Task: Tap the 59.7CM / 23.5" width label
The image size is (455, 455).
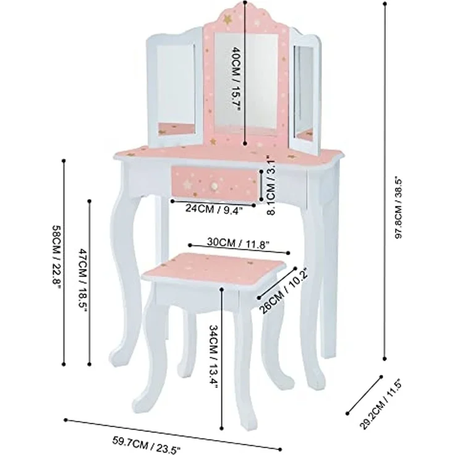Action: tap(147, 444)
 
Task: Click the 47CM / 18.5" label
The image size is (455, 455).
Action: tap(82, 279)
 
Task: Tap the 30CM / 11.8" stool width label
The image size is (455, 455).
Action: tap(238, 243)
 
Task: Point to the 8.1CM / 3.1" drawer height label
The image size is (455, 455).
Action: tap(271, 185)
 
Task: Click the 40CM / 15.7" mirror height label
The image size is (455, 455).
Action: tap(236, 79)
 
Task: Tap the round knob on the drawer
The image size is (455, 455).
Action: tap(214, 185)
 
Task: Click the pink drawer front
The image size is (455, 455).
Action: tap(215, 184)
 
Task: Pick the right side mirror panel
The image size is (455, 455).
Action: tap(306, 92)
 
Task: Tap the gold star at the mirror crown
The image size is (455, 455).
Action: tap(227, 19)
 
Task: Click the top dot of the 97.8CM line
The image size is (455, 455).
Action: tap(385, 4)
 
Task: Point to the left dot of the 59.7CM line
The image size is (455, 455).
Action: tap(66, 420)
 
